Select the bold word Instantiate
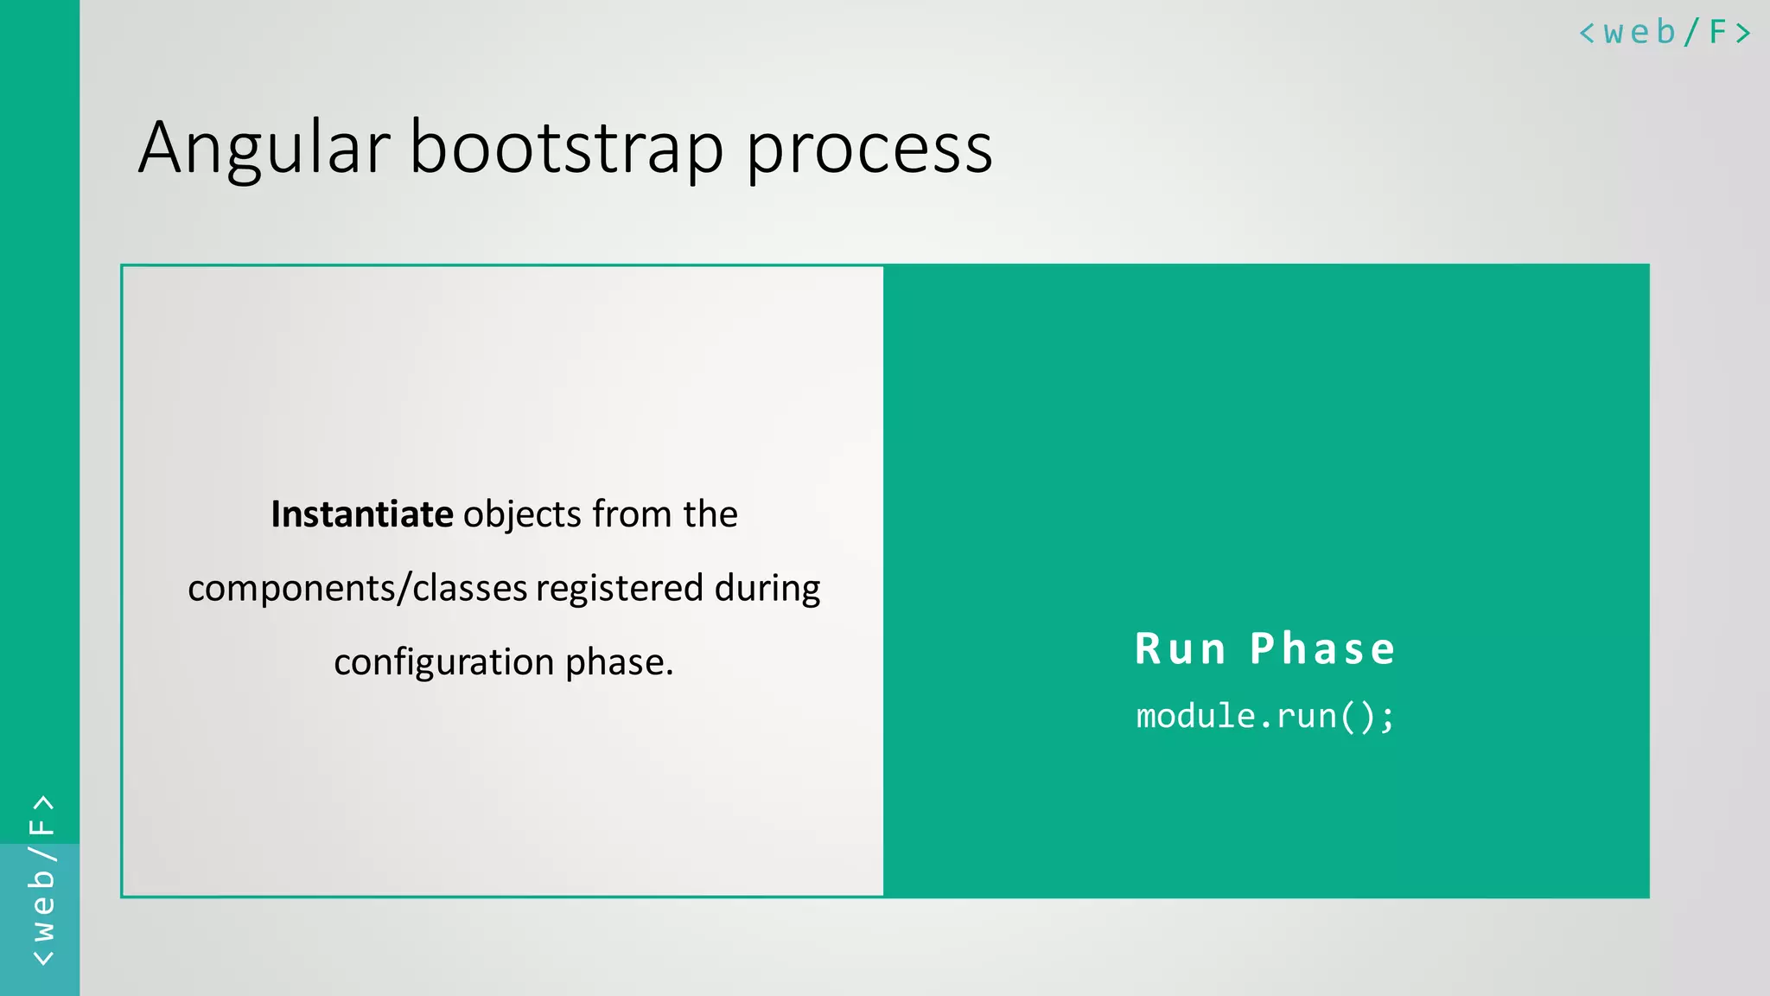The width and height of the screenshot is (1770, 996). tap(361, 514)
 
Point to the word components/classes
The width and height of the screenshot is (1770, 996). tap(357, 589)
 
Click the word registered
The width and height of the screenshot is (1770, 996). tap(620, 589)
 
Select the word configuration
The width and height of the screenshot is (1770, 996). tap(443, 662)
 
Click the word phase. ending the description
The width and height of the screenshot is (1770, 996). tap(619, 662)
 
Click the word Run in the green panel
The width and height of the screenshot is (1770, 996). tap(1180, 649)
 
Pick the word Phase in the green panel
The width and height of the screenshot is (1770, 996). tap(1322, 649)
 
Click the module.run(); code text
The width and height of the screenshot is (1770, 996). tap(1264, 717)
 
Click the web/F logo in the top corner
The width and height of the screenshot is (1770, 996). tap(1664, 33)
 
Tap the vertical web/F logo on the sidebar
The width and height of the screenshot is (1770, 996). tap(41, 880)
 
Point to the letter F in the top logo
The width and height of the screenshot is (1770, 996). tap(1717, 33)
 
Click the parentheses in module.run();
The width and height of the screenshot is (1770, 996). tap(1357, 717)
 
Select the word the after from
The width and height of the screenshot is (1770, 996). tap(710, 514)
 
